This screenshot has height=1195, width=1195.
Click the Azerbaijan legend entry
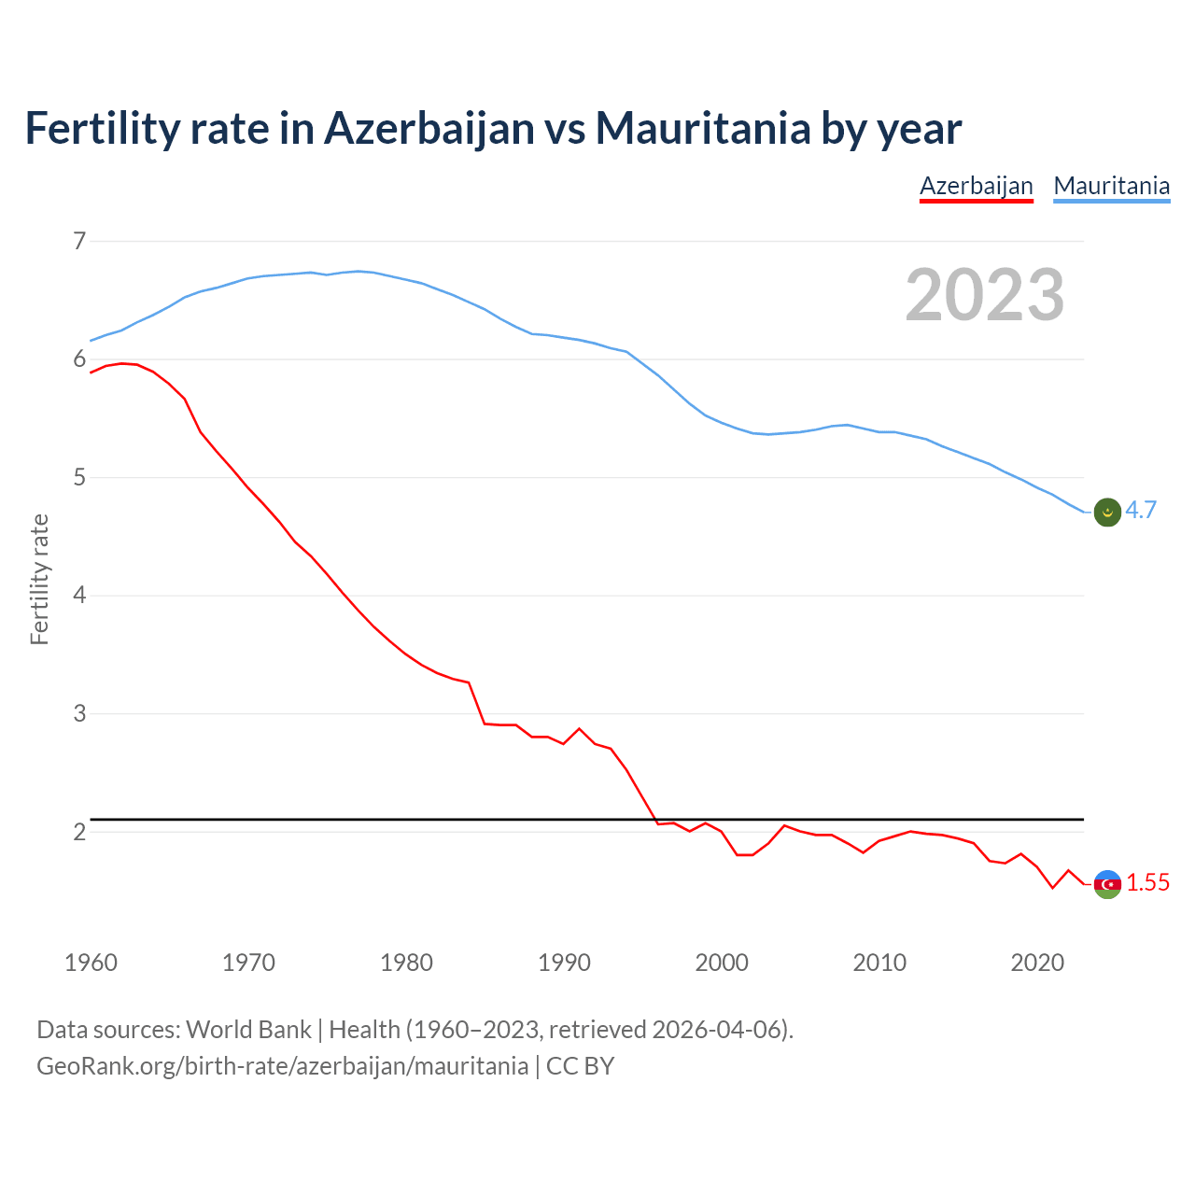[976, 186]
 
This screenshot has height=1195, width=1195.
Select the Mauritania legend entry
[1111, 186]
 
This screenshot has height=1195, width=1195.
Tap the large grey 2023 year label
[985, 295]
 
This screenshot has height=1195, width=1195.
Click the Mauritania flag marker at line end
[1107, 512]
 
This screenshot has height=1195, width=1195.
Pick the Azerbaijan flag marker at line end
[1107, 883]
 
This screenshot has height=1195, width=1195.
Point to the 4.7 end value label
[1141, 510]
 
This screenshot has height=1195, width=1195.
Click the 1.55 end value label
[1147, 882]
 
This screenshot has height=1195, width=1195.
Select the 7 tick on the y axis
[79, 241]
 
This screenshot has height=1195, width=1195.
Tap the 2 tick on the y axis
[79, 831]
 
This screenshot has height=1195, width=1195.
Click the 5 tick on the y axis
[79, 477]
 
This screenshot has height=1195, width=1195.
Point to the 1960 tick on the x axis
[91, 963]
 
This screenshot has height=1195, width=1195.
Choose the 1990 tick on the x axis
[564, 963]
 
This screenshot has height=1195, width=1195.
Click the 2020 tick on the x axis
[1037, 963]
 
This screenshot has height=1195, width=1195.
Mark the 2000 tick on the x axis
[722, 963]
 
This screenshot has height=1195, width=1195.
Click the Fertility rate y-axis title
[39, 579]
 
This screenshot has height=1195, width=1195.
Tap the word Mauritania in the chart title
[703, 128]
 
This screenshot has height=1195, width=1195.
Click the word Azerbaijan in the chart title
[429, 128]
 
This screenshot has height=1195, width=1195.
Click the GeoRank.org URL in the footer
[282, 1066]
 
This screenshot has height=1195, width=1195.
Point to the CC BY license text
[580, 1066]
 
